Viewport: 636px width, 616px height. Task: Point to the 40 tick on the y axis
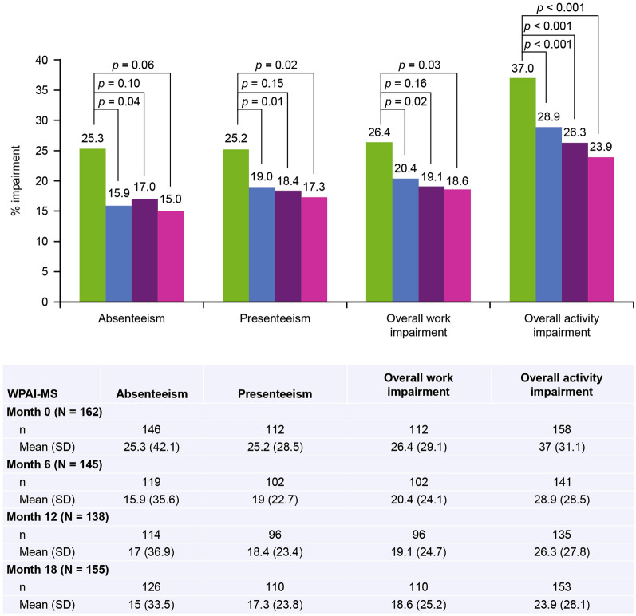pyautogui.click(x=47, y=60)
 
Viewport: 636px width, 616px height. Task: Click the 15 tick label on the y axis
pyautogui.click(x=47, y=211)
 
